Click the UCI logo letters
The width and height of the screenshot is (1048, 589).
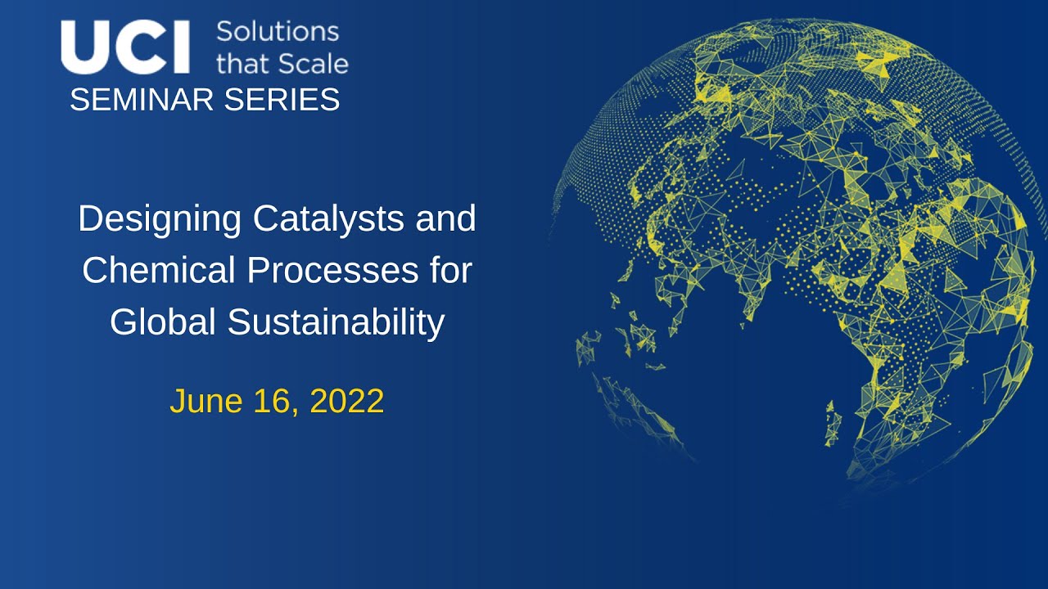pyautogui.click(x=125, y=47)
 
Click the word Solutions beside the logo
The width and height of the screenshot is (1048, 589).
pyautogui.click(x=277, y=32)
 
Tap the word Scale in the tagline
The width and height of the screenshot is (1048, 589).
pyautogui.click(x=310, y=63)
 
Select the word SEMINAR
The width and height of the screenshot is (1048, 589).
pyautogui.click(x=142, y=100)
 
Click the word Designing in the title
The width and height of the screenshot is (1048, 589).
pyautogui.click(x=160, y=219)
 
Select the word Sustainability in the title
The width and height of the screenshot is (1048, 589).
pyautogui.click(x=337, y=322)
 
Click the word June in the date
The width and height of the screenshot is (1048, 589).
pyautogui.click(x=206, y=402)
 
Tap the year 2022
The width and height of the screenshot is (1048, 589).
pyautogui.click(x=347, y=402)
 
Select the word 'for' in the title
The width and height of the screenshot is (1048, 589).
pyautogui.click(x=452, y=271)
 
